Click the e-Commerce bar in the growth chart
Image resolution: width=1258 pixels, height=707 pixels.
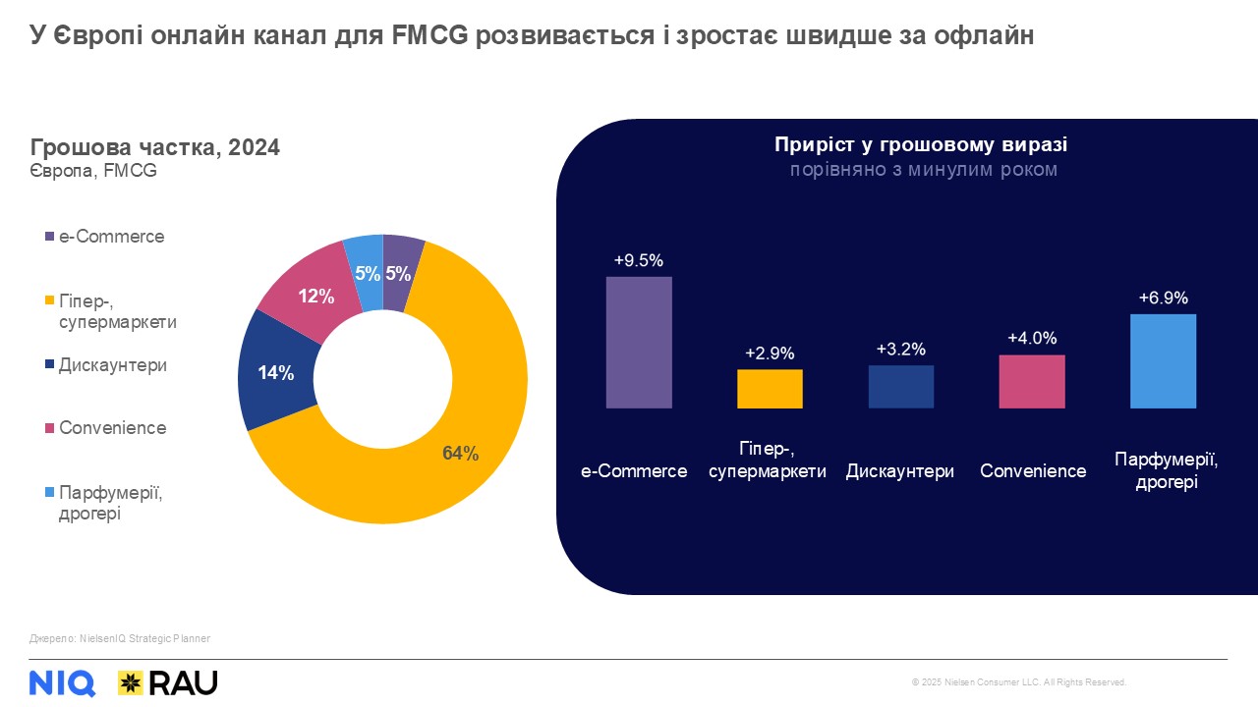click(x=639, y=342)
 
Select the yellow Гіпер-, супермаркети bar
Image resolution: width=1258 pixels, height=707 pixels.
click(x=770, y=389)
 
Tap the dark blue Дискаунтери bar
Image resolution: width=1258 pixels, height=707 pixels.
click(x=901, y=387)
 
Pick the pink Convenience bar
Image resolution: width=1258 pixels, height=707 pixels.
click(x=1032, y=381)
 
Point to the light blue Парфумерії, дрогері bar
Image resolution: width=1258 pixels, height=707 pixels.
click(x=1163, y=360)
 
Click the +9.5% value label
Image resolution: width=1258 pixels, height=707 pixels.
click(x=639, y=261)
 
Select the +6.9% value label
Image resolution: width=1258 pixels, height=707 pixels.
click(x=1164, y=298)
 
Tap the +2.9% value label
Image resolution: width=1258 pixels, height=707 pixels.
click(x=770, y=353)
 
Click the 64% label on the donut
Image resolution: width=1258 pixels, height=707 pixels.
click(x=460, y=453)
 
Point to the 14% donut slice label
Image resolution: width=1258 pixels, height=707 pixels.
click(x=276, y=373)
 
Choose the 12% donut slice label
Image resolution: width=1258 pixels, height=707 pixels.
click(x=316, y=296)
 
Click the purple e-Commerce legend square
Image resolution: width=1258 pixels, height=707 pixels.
click(x=49, y=238)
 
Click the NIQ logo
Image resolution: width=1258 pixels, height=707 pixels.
click(x=62, y=682)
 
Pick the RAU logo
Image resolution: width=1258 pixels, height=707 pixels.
click(x=168, y=682)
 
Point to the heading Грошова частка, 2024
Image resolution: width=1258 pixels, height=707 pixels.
click(x=155, y=147)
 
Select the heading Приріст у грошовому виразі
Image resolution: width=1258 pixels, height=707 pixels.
click(x=921, y=144)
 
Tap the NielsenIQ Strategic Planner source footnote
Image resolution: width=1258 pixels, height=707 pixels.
click(x=120, y=638)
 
